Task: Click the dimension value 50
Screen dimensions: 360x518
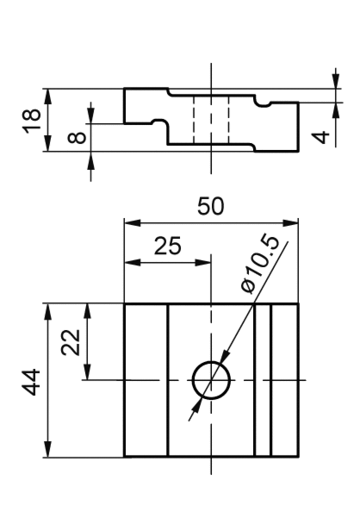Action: (x=210, y=207)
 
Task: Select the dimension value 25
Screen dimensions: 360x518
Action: (x=168, y=246)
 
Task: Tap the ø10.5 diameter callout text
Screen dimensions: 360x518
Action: (x=260, y=264)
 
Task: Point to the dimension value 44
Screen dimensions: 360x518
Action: (x=31, y=382)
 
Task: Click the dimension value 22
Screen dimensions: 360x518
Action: (x=71, y=342)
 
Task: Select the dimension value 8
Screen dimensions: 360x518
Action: (x=77, y=137)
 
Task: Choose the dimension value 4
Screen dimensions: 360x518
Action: (x=320, y=137)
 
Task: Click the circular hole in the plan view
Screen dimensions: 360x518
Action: (x=211, y=361)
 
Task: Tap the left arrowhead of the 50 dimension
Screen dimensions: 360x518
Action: (x=133, y=222)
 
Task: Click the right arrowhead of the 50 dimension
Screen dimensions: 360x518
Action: (x=290, y=222)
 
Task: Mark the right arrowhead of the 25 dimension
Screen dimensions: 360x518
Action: (x=203, y=263)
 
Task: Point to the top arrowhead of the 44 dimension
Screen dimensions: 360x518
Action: (x=48, y=311)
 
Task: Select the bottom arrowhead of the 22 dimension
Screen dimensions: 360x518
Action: (x=88, y=372)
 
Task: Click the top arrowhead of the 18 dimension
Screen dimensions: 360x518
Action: (x=48, y=97)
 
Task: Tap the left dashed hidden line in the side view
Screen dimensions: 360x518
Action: (x=194, y=120)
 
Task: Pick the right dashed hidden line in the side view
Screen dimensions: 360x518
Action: (x=228, y=120)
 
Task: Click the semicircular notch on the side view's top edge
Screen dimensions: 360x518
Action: (x=263, y=106)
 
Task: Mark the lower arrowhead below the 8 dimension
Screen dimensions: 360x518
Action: (x=91, y=159)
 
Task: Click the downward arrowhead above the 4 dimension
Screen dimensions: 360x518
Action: (x=336, y=81)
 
